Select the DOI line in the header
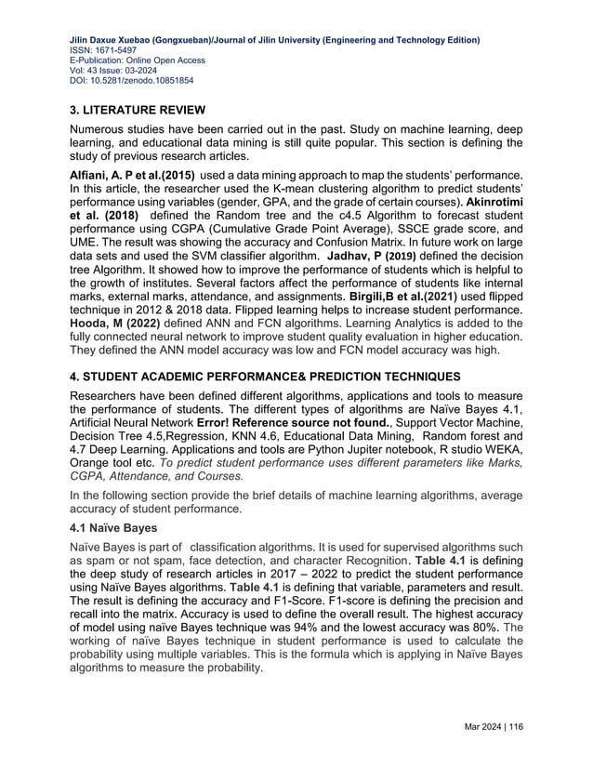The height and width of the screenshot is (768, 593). click(132, 81)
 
